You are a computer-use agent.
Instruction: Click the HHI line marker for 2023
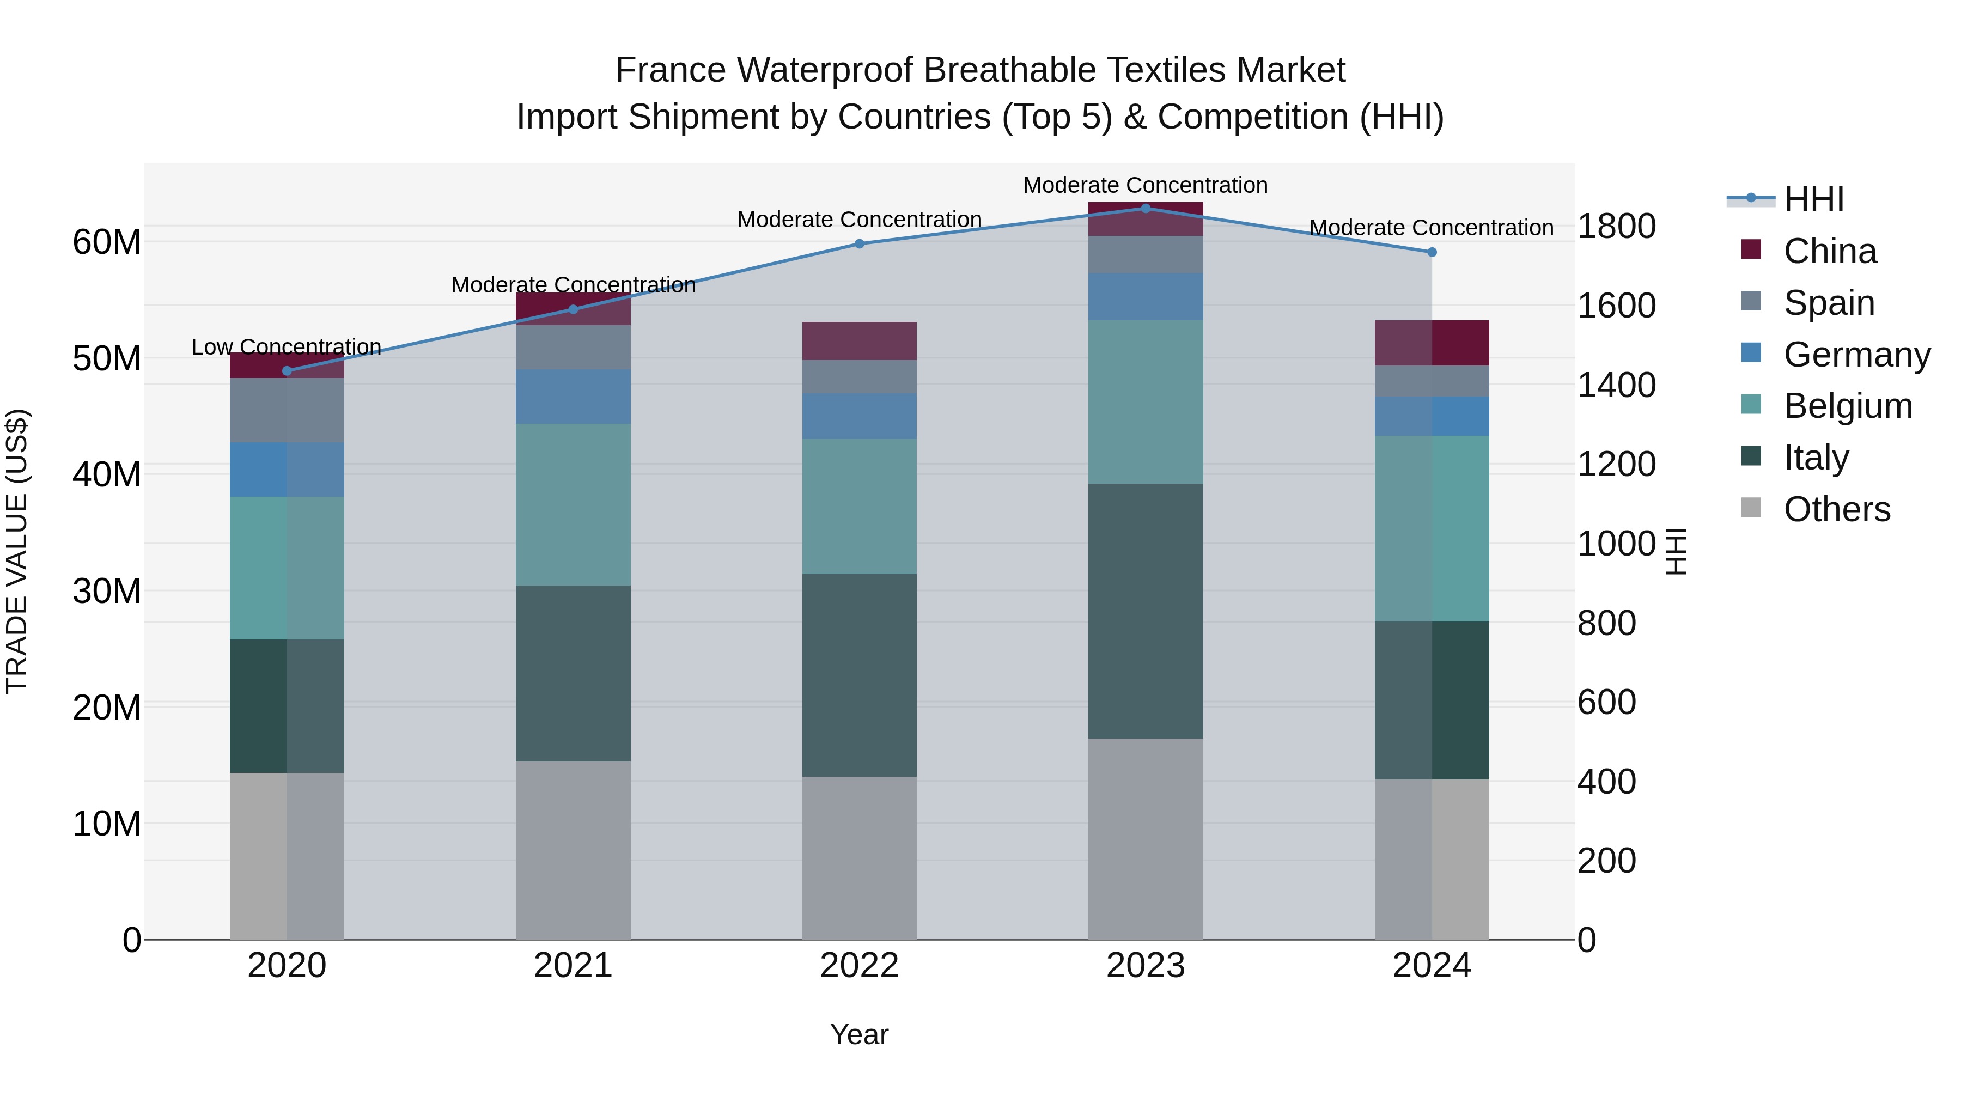(x=1145, y=209)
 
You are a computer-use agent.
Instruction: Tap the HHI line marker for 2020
(x=287, y=371)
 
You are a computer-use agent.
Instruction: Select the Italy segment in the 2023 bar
(x=1145, y=611)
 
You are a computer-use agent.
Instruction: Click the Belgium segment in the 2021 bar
(x=573, y=505)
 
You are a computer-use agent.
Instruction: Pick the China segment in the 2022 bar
(x=860, y=341)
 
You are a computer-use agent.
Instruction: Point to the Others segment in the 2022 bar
(x=860, y=858)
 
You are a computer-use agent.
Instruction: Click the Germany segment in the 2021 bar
(x=573, y=397)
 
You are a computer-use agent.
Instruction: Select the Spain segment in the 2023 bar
(x=1145, y=255)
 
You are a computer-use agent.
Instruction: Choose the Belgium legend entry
(x=1848, y=406)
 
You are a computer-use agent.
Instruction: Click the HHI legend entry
(x=1813, y=199)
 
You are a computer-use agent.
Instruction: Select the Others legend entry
(x=1836, y=509)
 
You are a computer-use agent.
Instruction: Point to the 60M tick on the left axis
(x=107, y=242)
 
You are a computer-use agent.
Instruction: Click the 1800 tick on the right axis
(x=1616, y=226)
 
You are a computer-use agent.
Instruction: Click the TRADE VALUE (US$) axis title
(x=17, y=551)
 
